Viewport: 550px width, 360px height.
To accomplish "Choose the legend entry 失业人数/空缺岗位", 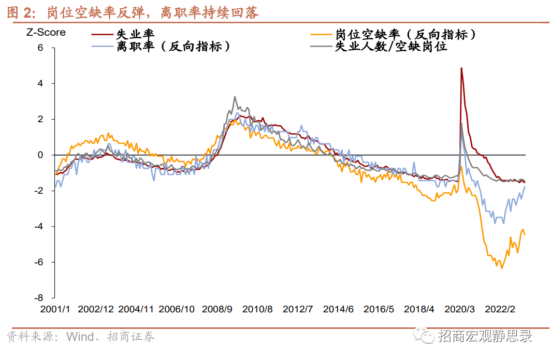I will tap(391, 47).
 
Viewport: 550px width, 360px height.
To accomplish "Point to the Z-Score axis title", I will tap(46, 32).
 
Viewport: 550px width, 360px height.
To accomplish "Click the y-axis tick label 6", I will tap(39, 48).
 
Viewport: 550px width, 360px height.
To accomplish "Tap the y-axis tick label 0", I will tap(39, 155).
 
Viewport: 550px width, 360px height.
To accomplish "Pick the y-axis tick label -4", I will tap(37, 226).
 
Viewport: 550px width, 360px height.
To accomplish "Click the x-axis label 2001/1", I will tap(55, 309).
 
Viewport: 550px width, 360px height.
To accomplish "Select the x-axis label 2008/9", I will tap(218, 309).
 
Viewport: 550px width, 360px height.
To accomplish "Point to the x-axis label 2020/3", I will tap(459, 309).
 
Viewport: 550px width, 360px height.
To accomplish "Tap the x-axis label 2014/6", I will tap(338, 309).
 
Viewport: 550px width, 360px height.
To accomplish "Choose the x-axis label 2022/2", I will tap(500, 309).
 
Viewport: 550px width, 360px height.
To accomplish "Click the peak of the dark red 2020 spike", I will tap(461, 68).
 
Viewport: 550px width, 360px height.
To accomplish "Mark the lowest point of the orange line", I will tap(501, 268).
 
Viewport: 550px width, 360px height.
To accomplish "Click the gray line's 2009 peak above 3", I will tap(235, 97).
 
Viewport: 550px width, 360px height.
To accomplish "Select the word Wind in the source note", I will tap(80, 337).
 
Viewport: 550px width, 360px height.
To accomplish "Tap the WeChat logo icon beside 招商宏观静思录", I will tap(427, 337).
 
